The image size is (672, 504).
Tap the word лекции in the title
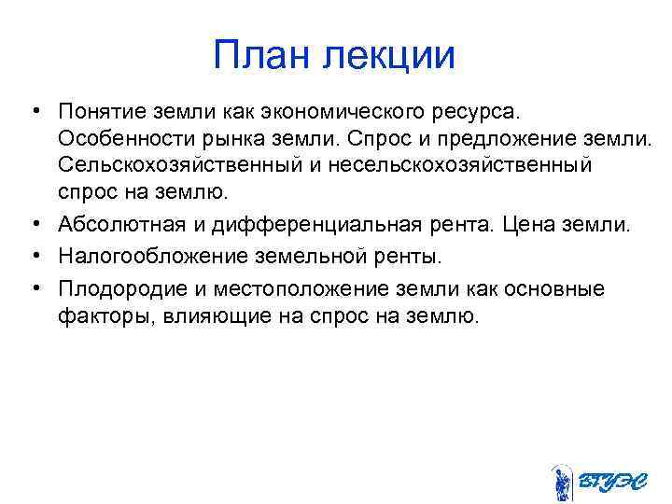click(x=390, y=56)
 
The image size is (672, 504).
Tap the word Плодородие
click(x=116, y=288)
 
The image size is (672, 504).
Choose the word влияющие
click(x=206, y=315)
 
